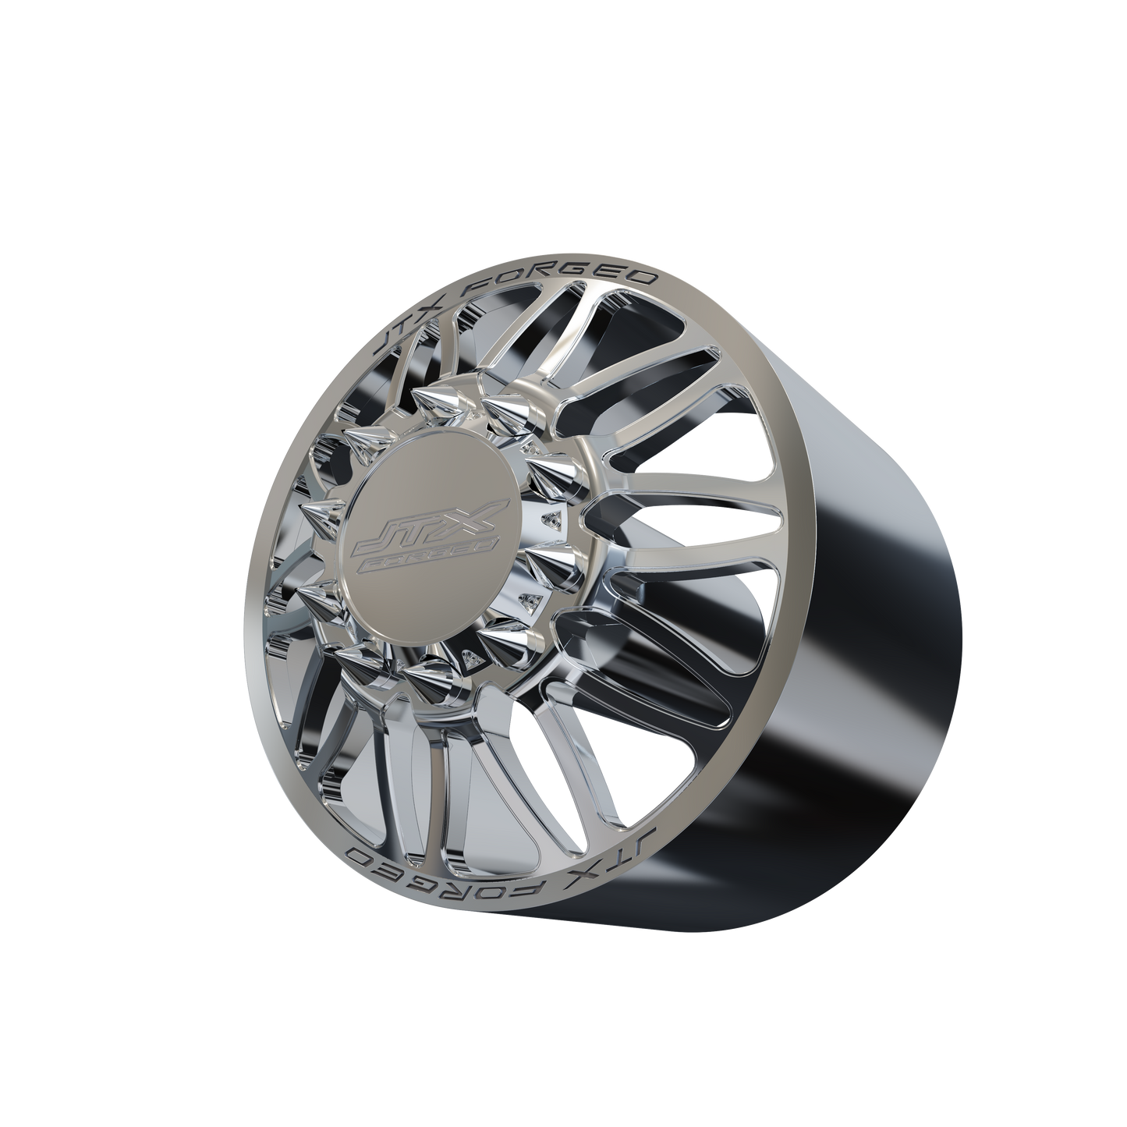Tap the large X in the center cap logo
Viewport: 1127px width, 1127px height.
478,516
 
